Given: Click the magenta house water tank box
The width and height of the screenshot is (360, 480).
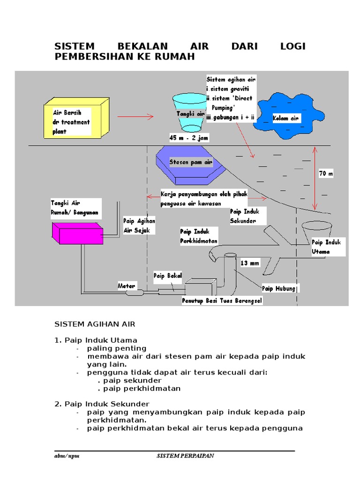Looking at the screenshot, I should [77, 233].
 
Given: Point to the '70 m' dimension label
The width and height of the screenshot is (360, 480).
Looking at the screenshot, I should [325, 174].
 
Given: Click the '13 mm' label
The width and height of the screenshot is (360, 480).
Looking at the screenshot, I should [249, 263].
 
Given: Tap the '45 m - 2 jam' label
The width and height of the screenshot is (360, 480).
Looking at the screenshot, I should [189, 138].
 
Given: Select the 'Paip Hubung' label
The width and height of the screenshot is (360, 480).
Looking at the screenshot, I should [279, 288].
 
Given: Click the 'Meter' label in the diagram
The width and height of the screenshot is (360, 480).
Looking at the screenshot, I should [126, 285].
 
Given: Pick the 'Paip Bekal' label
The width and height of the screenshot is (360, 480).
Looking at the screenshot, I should [167, 276].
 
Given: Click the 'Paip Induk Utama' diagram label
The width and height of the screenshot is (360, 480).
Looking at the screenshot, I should [328, 247].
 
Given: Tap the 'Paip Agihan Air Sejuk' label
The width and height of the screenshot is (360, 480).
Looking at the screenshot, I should [139, 225].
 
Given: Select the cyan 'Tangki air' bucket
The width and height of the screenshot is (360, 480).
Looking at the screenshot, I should [188, 113].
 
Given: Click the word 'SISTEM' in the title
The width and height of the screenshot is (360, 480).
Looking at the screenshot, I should [75, 46].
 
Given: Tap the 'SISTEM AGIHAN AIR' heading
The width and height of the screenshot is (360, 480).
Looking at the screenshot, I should [95, 324].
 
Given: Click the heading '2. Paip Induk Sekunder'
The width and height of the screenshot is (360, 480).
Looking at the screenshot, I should [102, 404].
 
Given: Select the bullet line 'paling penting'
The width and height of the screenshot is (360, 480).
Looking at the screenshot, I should [116, 348].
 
